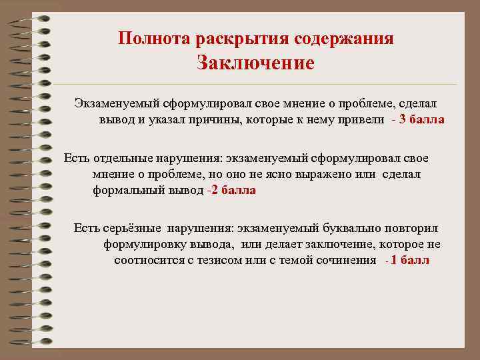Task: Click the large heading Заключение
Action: [x=255, y=64]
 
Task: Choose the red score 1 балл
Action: [x=411, y=260]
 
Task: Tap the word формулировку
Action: [x=147, y=245]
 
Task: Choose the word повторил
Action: [x=414, y=229]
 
